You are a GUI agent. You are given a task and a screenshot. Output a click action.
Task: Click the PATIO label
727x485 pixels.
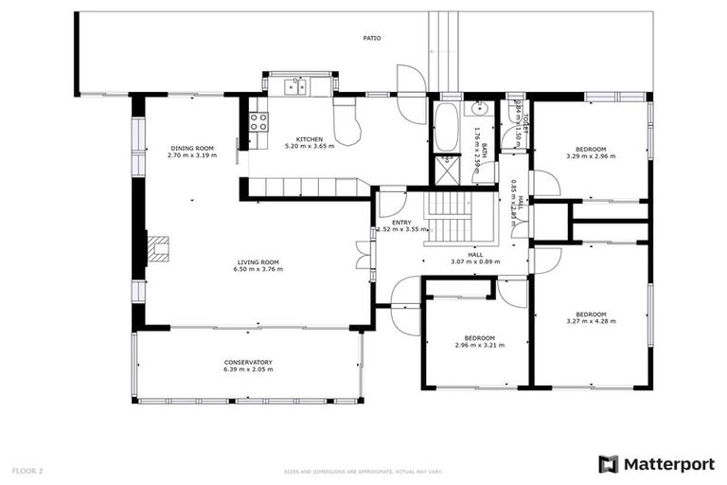[373, 38]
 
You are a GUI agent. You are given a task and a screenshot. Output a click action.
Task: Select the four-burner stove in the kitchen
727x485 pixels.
[257, 121]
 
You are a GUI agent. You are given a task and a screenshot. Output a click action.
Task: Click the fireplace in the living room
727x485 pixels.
[159, 248]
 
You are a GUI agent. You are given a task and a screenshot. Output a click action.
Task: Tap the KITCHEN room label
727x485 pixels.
[310, 139]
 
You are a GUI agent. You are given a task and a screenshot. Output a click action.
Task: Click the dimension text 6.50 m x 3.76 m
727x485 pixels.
[257, 269]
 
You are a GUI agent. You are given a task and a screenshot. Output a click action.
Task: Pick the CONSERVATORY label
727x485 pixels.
[248, 362]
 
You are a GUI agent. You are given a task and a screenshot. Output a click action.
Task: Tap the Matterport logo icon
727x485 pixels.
[609, 464]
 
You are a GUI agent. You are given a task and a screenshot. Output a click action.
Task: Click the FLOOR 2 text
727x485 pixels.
[27, 470]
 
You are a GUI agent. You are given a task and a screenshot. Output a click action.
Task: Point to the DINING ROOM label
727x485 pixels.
[192, 148]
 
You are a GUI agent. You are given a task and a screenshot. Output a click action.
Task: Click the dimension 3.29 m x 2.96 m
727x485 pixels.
[591, 156]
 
